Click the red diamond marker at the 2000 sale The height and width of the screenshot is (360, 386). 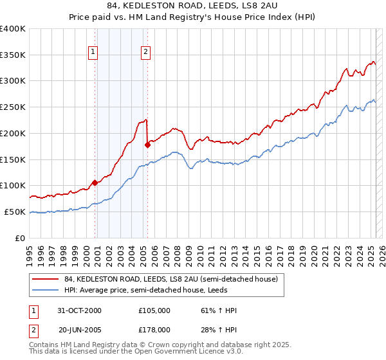click(x=95, y=183)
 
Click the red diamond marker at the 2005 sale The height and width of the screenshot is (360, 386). click(x=148, y=145)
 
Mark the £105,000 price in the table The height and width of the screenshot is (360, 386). click(x=154, y=310)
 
